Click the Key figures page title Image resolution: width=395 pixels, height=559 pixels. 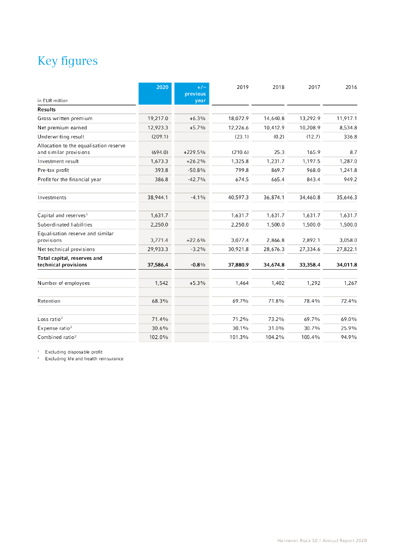(x=68, y=61)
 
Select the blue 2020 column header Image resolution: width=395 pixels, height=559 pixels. (x=162, y=86)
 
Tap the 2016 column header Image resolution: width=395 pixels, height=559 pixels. (x=351, y=86)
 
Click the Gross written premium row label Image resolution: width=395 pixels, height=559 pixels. (x=65, y=118)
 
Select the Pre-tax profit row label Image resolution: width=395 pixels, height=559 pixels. (x=53, y=170)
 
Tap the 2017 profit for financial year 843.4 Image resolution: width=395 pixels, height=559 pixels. (x=310, y=179)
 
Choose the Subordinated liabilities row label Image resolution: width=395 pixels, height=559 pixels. (x=65, y=224)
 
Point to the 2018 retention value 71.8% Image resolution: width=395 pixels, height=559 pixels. (x=276, y=301)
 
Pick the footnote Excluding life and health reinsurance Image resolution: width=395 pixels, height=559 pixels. (x=84, y=359)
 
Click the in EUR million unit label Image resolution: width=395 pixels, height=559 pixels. (x=52, y=100)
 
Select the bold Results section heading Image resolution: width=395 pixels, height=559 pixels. (x=46, y=109)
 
